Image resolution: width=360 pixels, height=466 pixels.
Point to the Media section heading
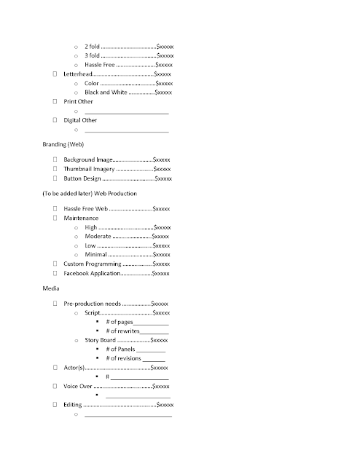click(x=51, y=288)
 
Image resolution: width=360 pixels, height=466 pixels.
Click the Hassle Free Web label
click(x=85, y=208)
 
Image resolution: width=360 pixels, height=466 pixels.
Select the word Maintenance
click(x=81, y=218)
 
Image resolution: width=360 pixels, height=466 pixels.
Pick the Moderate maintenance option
click(x=98, y=237)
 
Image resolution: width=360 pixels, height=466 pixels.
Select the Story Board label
click(x=100, y=340)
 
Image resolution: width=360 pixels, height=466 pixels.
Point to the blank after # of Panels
click(x=150, y=349)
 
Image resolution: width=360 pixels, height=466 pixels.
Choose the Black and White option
click(x=106, y=92)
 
